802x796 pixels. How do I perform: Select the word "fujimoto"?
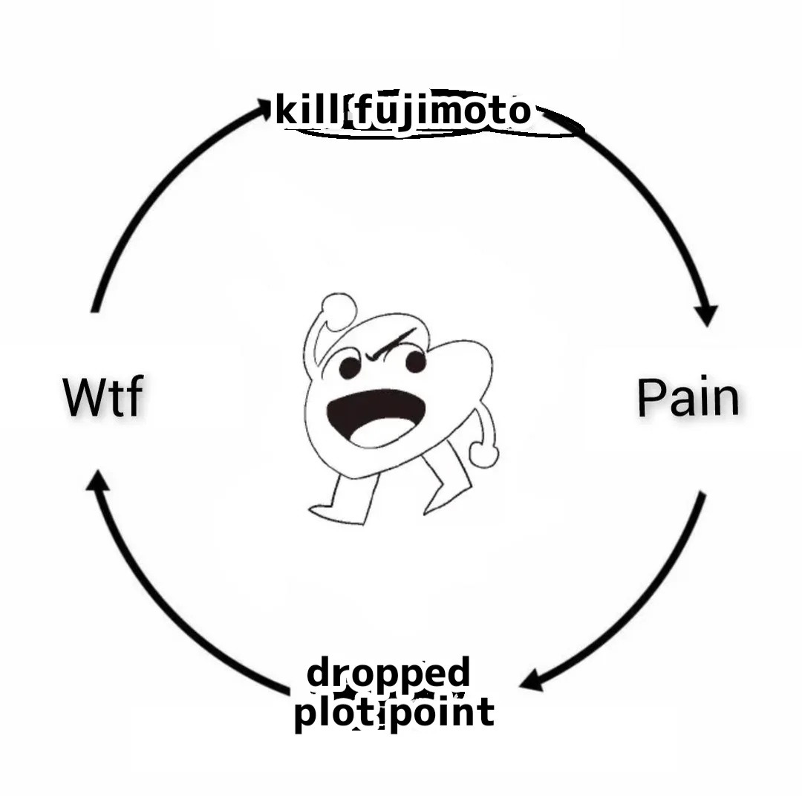coord(443,112)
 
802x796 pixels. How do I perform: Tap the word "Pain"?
coord(688,398)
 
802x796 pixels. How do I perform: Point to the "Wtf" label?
coord(102,398)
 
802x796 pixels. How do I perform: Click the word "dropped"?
coord(388,673)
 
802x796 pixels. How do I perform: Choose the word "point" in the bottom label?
coord(441,714)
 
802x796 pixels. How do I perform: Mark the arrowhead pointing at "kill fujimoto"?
coord(262,109)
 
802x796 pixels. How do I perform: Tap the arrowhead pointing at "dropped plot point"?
coord(532,680)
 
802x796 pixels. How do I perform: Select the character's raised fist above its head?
coord(338,310)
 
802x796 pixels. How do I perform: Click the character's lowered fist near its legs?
coord(483,453)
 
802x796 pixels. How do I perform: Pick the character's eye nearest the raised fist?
coord(350,368)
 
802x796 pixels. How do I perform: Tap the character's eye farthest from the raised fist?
coord(415,362)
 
